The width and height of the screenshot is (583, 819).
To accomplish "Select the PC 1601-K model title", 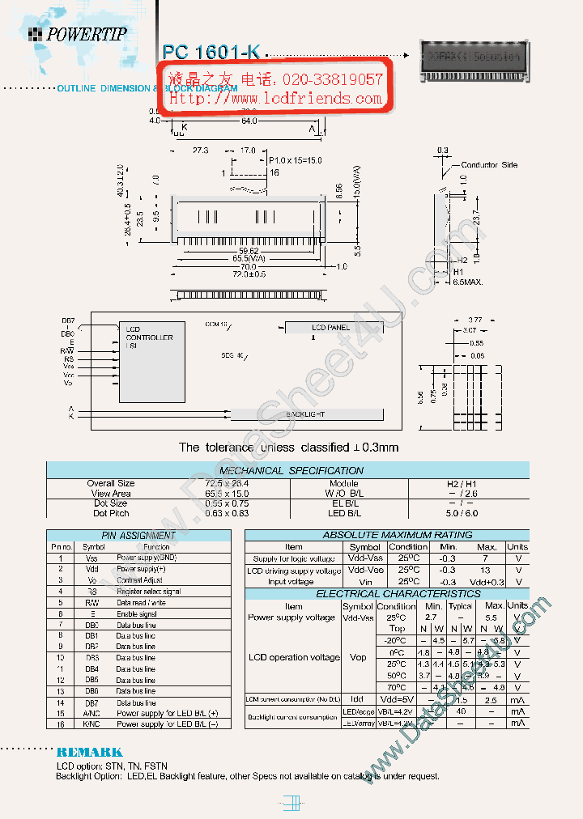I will tap(211, 52).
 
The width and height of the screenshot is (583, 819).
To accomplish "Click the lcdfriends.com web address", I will tap(275, 99).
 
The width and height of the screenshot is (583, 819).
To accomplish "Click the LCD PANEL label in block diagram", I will tap(330, 327).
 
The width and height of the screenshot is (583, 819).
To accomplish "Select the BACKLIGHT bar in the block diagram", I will tap(306, 414).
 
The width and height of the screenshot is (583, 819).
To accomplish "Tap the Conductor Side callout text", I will tap(489, 165).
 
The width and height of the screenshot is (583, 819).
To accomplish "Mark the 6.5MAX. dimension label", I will tap(467, 282).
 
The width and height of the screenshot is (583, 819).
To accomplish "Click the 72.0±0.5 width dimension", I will tap(249, 274).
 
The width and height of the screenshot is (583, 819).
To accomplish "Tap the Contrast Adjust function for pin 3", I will tap(139, 580).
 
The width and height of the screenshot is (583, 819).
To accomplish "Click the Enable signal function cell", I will tap(137, 614).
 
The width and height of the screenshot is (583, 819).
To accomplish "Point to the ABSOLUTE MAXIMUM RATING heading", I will tap(386, 535).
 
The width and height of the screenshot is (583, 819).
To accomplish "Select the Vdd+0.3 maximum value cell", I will tap(487, 582).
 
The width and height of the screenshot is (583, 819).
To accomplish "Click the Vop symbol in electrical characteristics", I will tap(358, 657).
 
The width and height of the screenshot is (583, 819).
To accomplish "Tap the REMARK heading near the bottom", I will tap(89, 752).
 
